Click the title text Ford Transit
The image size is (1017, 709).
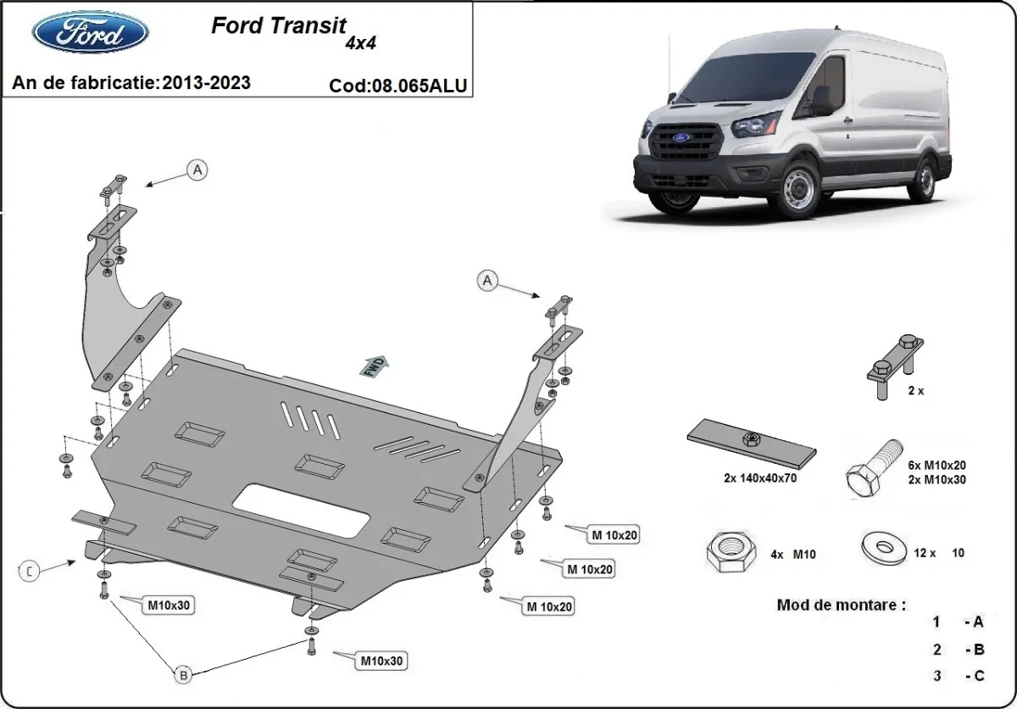coord(278,25)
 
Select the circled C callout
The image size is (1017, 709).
coord(30,572)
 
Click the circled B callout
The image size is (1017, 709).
coord(182,675)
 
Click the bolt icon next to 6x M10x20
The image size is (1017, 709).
coord(873,466)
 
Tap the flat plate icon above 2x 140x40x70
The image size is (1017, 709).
coord(751,442)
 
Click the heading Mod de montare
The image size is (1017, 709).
coord(841,606)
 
